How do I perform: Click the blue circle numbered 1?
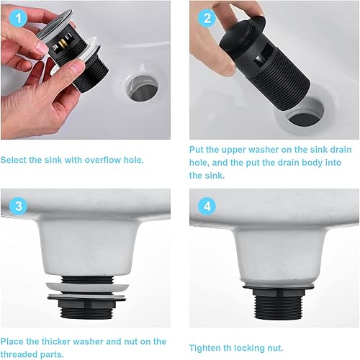pos(19,19)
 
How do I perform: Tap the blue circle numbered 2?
pos(207,19)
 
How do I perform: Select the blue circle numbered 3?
pos(19,206)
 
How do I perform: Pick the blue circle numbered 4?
pos(207,206)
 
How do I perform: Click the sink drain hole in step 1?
pos(143,89)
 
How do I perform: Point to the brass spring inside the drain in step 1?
pos(62,45)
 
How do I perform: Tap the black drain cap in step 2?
pos(243,33)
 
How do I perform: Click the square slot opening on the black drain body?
pos(261,58)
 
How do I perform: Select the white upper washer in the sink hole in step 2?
pos(305,111)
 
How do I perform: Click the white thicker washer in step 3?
pos(87,287)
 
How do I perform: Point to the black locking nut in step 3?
pos(86,303)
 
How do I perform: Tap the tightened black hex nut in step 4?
pos(279,292)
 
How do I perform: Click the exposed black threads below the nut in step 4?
pos(278,308)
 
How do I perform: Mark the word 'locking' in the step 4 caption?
pos(248,348)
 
